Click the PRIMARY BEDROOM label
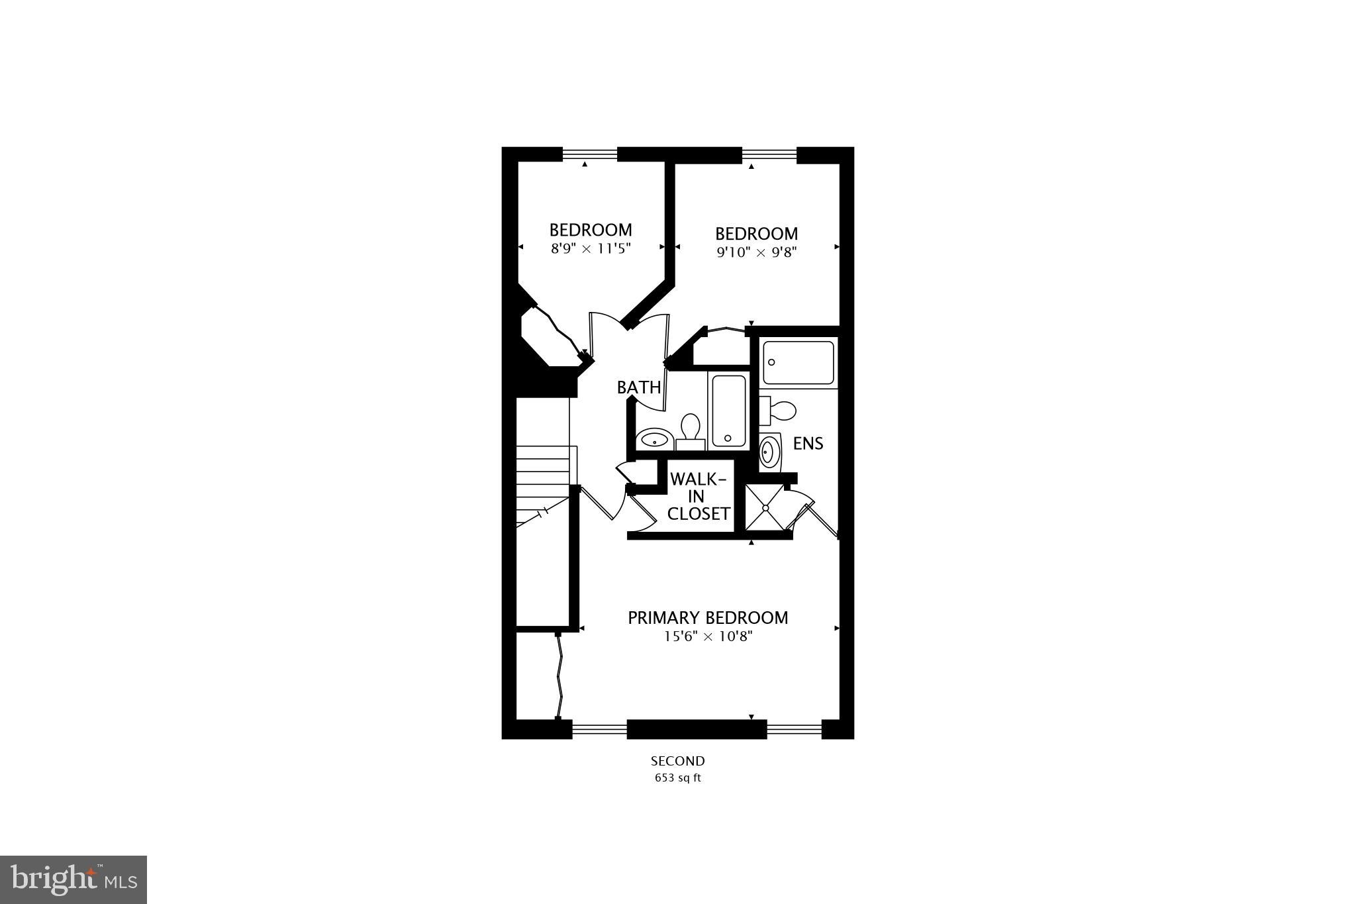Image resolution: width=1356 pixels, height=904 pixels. click(708, 618)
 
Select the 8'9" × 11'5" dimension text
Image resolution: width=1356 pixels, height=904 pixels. click(591, 249)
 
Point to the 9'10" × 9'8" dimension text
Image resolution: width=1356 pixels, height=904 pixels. click(756, 252)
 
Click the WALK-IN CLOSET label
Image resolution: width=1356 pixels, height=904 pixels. click(698, 497)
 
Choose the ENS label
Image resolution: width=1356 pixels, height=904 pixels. click(808, 444)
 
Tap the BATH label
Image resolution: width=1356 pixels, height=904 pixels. click(638, 387)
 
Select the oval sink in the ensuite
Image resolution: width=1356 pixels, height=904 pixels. click(768, 452)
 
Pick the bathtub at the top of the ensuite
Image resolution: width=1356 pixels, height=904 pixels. click(798, 362)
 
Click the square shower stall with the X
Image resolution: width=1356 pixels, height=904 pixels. click(765, 508)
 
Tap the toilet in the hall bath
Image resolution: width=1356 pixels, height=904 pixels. click(690, 430)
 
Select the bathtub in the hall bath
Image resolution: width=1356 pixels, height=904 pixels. click(728, 410)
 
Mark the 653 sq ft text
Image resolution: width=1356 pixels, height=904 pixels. click(677, 778)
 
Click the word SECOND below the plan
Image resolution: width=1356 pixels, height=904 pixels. click(677, 761)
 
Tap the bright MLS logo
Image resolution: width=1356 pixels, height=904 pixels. click(73, 879)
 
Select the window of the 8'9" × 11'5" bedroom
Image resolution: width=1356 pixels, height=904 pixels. click(589, 154)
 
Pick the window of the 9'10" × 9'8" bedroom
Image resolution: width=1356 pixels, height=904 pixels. click(769, 154)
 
